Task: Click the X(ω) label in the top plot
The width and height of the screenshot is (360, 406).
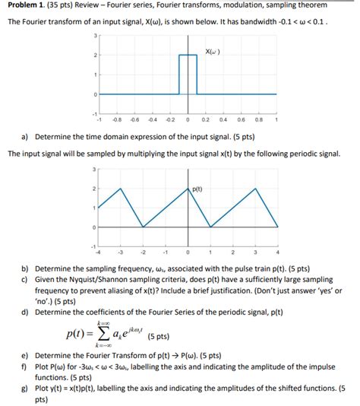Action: coord(214,52)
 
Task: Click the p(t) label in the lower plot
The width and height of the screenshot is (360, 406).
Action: coord(197,189)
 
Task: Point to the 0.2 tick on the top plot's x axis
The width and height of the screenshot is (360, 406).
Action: coord(205,119)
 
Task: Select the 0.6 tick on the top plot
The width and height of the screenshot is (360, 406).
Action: coord(242,119)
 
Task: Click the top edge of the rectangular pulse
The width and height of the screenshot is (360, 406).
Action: coord(188,56)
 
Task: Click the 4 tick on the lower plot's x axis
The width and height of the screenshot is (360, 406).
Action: coord(278,251)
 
